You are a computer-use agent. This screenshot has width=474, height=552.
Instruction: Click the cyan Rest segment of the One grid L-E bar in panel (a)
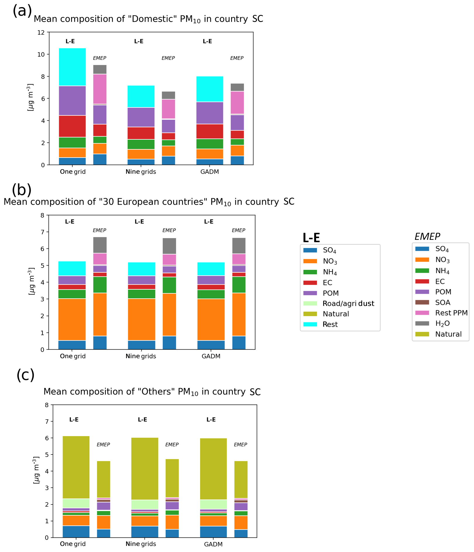coord(72,67)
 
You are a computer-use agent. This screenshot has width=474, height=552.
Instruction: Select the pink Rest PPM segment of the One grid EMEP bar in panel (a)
coord(100,89)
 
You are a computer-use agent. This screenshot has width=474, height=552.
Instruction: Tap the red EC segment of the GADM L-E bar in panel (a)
coord(209,131)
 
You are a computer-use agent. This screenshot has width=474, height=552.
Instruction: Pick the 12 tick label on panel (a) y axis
coord(41,33)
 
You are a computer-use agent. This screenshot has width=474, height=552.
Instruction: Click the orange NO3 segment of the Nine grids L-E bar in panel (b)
coord(142,319)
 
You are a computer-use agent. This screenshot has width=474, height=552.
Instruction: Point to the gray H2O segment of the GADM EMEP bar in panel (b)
coord(239,245)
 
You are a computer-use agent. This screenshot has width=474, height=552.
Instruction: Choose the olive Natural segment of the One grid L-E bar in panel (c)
coord(76,467)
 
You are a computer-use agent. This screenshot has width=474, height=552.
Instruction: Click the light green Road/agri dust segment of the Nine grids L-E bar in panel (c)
coord(145,504)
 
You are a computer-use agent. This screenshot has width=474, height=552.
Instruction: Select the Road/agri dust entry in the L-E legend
coord(348,303)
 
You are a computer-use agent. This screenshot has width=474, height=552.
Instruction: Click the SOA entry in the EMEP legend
coord(442,303)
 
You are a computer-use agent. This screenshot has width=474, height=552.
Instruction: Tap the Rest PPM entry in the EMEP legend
coord(451,313)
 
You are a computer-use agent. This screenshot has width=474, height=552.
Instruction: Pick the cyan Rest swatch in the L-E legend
coord(310,324)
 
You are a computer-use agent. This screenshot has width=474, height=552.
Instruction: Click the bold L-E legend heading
coord(311,237)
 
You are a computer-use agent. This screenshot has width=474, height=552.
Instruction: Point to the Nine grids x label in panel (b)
coord(141,356)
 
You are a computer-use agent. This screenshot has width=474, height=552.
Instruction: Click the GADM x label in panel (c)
coord(213,544)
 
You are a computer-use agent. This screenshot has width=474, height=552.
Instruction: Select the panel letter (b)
coord(22,190)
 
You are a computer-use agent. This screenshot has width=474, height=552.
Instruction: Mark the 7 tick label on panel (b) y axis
coord(42,232)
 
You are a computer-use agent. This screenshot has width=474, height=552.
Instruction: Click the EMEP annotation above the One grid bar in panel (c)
coord(103,445)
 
